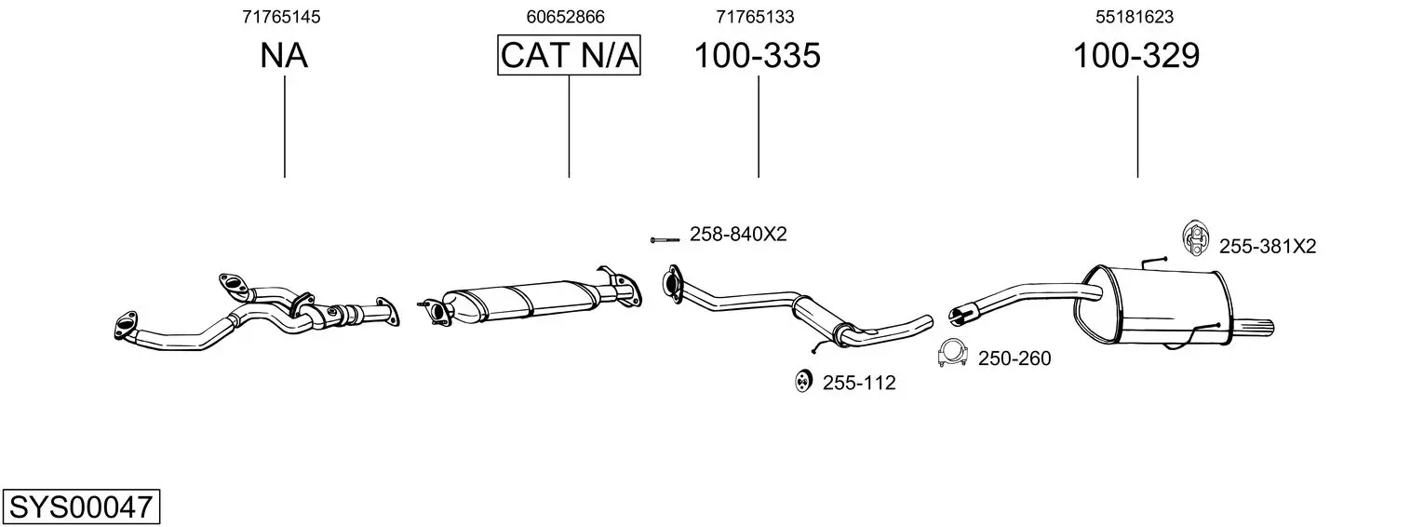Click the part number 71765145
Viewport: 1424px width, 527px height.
click(x=281, y=17)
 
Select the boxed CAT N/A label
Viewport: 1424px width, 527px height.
click(x=569, y=55)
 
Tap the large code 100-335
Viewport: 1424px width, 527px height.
click(x=757, y=55)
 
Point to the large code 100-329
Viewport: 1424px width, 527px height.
click(x=1136, y=55)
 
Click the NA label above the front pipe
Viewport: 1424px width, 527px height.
click(x=284, y=55)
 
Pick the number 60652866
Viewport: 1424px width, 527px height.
click(x=565, y=17)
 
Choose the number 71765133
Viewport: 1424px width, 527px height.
click(x=755, y=17)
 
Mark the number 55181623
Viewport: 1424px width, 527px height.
click(x=1135, y=17)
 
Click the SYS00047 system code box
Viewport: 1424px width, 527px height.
click(x=81, y=507)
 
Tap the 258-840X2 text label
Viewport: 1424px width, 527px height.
click(x=738, y=235)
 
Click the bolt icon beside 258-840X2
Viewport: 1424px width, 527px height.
click(x=665, y=239)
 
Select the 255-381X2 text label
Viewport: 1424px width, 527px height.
click(x=1267, y=246)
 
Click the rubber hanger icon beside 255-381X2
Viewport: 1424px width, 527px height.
click(x=1196, y=239)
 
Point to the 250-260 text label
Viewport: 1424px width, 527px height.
click(x=1014, y=358)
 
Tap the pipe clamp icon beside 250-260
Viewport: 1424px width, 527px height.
click(x=952, y=354)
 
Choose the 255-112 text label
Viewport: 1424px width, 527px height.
click(x=859, y=383)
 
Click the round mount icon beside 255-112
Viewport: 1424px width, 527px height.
click(x=803, y=380)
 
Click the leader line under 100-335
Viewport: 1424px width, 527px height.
click(x=759, y=127)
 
